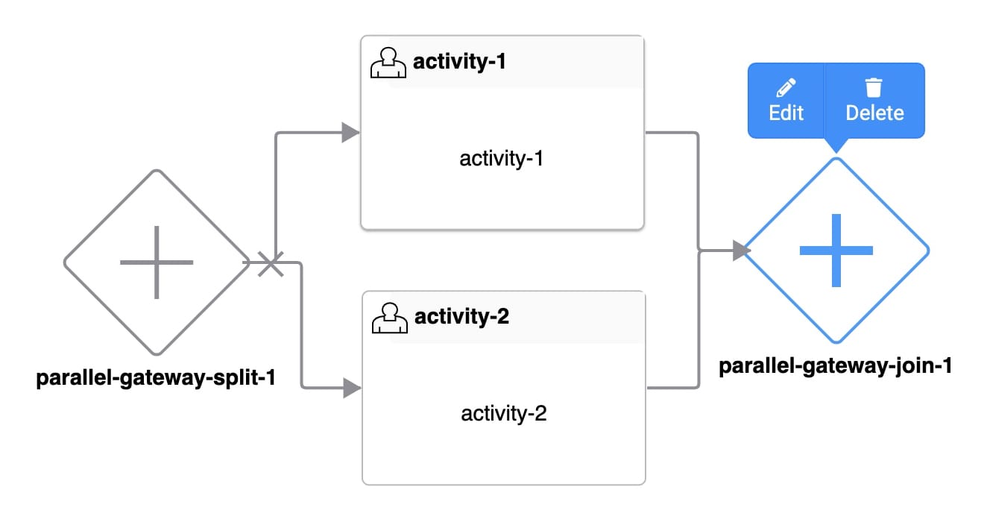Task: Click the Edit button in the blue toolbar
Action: click(786, 101)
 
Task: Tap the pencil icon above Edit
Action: click(786, 87)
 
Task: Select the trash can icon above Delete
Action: click(874, 87)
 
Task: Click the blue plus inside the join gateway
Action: click(836, 251)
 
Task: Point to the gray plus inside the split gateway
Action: click(157, 262)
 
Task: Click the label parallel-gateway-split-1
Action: click(156, 377)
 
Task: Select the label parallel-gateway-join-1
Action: click(836, 366)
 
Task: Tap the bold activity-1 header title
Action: click(459, 61)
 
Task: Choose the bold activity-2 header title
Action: click(461, 316)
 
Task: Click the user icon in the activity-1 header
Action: click(388, 63)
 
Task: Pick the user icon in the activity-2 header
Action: click(390, 318)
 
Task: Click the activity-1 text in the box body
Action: click(502, 159)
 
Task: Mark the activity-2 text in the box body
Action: click(504, 413)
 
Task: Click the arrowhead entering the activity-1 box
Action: click(350, 133)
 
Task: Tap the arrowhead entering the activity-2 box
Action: click(352, 389)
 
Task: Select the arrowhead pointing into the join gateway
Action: click(742, 251)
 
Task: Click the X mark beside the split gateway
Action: click(271, 263)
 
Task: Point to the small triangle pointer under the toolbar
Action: click(836, 145)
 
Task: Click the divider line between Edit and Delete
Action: click(824, 101)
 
